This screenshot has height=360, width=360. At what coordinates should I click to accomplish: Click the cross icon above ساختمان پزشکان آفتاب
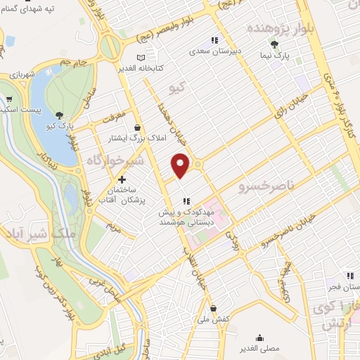(x=122, y=180)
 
